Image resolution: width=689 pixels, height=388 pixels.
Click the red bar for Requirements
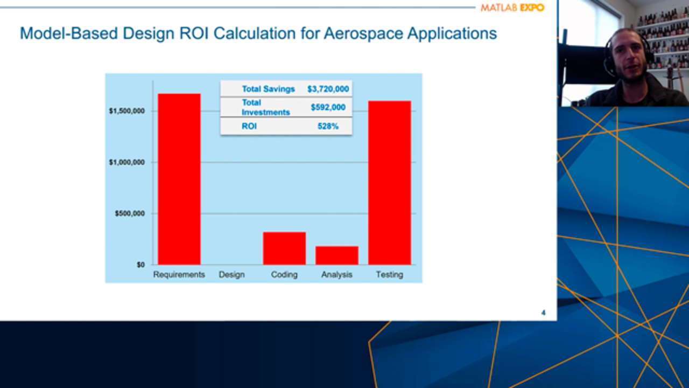[x=179, y=179]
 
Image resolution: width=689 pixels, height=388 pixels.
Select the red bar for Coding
[x=284, y=248]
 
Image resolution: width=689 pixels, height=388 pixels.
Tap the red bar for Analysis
[x=337, y=255]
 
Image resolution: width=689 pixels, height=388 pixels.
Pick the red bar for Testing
[x=389, y=183]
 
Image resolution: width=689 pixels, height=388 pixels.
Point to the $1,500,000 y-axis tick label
[x=126, y=111]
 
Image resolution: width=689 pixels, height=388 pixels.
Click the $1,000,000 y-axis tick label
[x=126, y=162]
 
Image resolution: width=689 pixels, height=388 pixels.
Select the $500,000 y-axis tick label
[x=130, y=213]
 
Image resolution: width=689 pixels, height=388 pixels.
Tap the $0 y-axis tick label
[x=140, y=265]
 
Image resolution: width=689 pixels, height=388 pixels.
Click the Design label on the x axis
[x=231, y=275]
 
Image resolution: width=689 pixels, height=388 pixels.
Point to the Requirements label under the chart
[x=179, y=275]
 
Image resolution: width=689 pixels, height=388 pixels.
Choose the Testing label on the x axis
[x=389, y=275]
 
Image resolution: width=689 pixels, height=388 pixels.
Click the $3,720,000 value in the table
[x=328, y=89]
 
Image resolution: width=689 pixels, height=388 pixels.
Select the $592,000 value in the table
[x=328, y=107]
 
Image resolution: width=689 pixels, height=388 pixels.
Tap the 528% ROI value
[x=328, y=127]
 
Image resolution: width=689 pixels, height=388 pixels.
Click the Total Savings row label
[x=268, y=89]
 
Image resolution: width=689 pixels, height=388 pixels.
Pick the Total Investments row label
[x=265, y=107]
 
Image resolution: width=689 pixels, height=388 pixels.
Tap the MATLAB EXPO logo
[x=512, y=8]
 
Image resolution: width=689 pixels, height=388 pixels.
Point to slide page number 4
[x=543, y=313]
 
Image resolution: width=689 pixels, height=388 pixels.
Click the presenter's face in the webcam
[x=628, y=57]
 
